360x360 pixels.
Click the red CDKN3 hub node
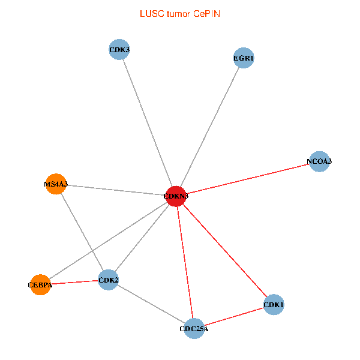click(175, 196)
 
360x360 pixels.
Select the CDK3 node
click(119, 49)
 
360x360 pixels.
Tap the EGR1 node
click(244, 58)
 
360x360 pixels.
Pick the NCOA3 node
click(319, 161)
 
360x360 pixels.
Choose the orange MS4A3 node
click(56, 184)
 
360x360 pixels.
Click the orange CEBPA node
click(40, 284)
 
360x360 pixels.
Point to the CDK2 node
click(109, 280)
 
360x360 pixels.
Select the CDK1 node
click(274, 305)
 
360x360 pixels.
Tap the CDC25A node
click(194, 328)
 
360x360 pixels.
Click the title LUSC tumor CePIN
click(179, 13)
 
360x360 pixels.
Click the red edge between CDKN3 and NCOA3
click(247, 179)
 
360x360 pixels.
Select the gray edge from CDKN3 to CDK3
click(147, 122)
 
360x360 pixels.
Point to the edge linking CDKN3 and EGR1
click(209, 127)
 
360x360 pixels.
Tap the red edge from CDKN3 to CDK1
click(224, 251)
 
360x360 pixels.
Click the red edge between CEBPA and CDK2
click(74, 282)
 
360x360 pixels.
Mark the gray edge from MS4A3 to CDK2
click(82, 232)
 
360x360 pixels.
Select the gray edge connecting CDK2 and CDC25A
click(151, 304)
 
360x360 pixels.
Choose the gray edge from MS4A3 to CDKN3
click(115, 190)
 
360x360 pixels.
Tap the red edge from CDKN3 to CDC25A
click(185, 262)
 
